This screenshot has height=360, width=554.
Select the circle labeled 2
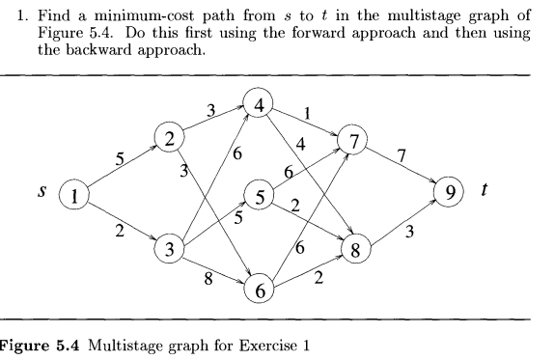(x=172, y=140)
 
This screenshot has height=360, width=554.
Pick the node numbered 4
(x=259, y=100)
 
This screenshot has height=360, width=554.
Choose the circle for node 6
(x=259, y=287)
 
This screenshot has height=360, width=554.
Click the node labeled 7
(x=353, y=143)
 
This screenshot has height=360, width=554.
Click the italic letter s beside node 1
(x=42, y=192)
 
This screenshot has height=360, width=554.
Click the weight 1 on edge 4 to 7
(x=307, y=113)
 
